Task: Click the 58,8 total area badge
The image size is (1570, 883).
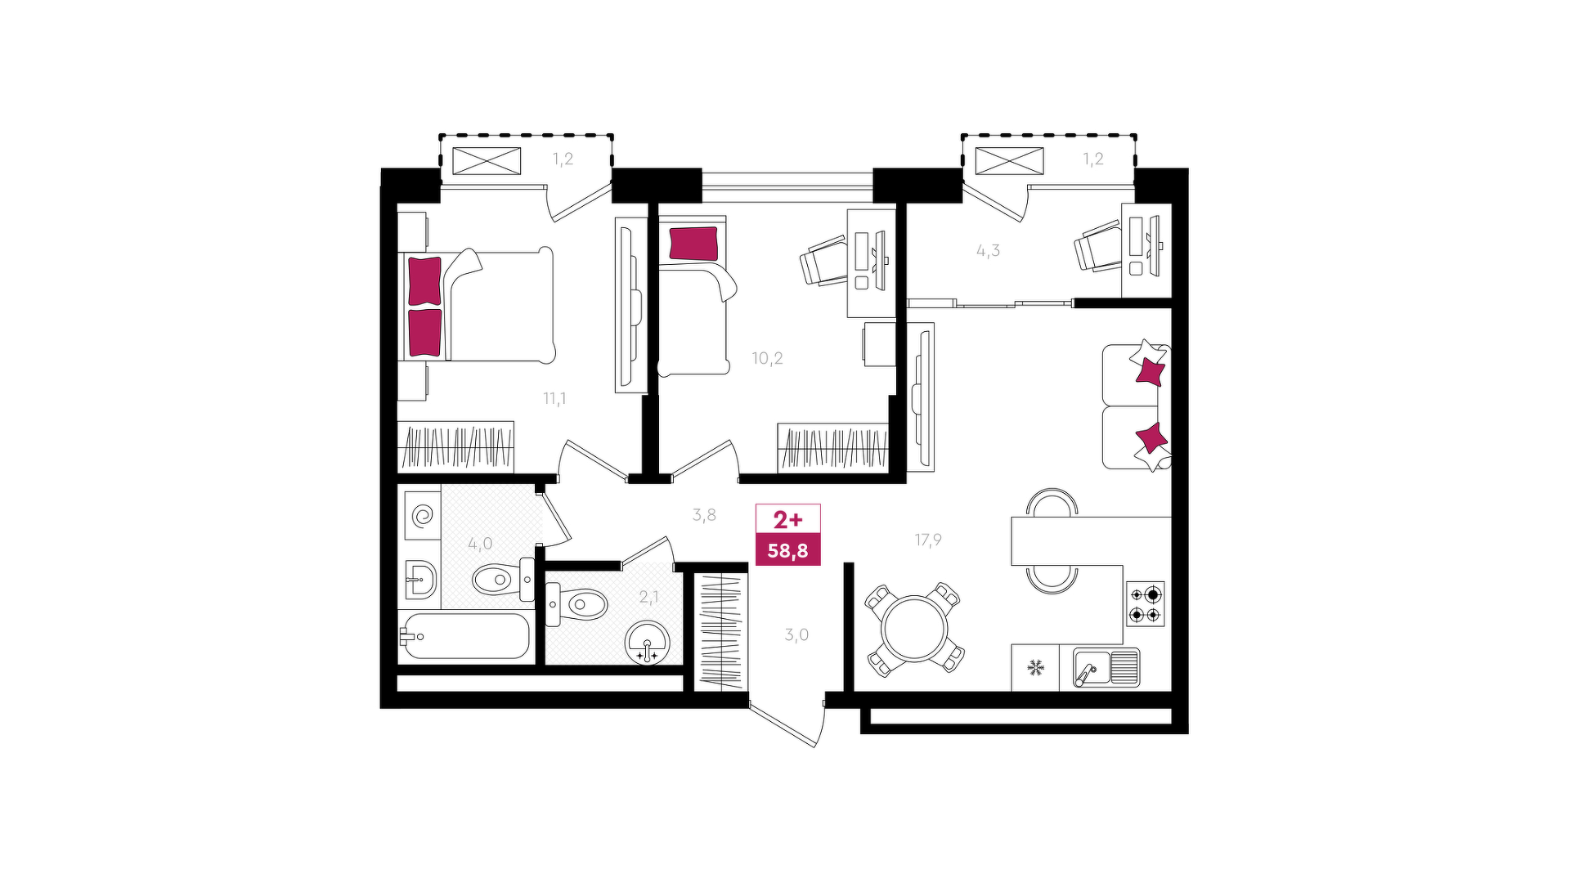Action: tap(787, 550)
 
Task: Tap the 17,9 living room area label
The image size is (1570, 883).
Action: tap(928, 540)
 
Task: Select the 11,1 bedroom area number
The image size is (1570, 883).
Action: tap(554, 398)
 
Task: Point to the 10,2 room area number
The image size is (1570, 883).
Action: tap(767, 358)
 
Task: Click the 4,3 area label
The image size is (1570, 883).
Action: tap(988, 251)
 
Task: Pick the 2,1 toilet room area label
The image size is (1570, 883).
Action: tap(648, 598)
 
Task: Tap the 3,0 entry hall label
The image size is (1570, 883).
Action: tap(796, 634)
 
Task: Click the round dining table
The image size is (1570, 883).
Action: tap(915, 628)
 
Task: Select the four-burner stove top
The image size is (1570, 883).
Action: tap(1145, 603)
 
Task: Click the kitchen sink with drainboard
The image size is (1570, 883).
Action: tap(1106, 667)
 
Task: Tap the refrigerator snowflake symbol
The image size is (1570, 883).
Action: tap(1035, 667)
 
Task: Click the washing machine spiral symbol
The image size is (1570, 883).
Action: tap(424, 516)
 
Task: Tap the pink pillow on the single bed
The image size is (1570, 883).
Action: tap(693, 244)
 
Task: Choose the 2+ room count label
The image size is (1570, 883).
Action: tap(788, 520)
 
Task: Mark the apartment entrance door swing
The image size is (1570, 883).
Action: tap(787, 724)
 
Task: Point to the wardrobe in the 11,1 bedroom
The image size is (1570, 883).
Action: tap(455, 447)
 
